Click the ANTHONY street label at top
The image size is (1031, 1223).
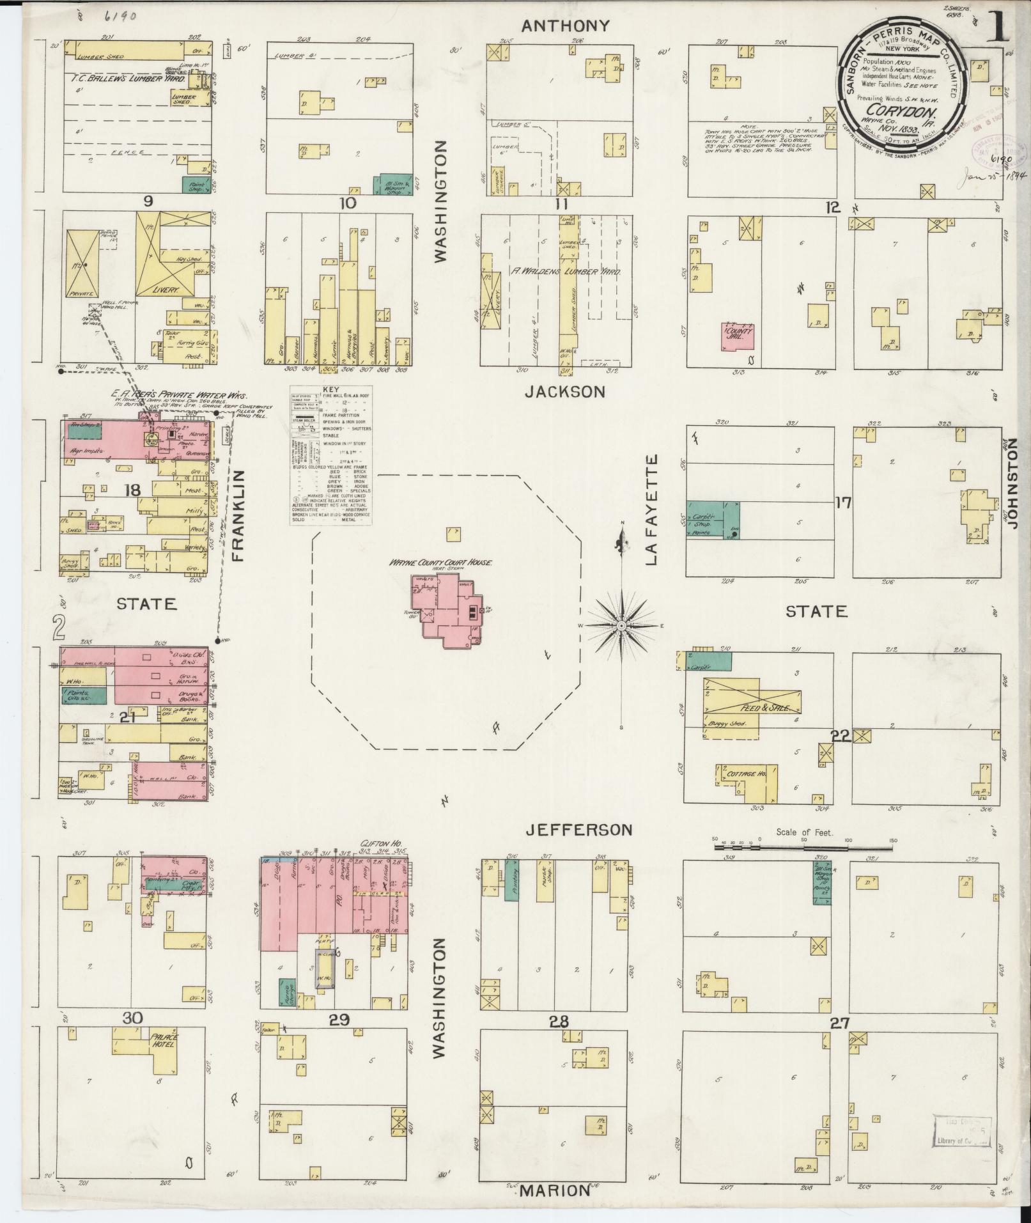click(565, 26)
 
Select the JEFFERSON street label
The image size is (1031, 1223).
click(578, 830)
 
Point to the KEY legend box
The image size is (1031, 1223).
click(332, 455)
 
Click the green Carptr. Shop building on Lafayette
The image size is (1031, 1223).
click(713, 519)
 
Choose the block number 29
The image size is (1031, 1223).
click(338, 1020)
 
